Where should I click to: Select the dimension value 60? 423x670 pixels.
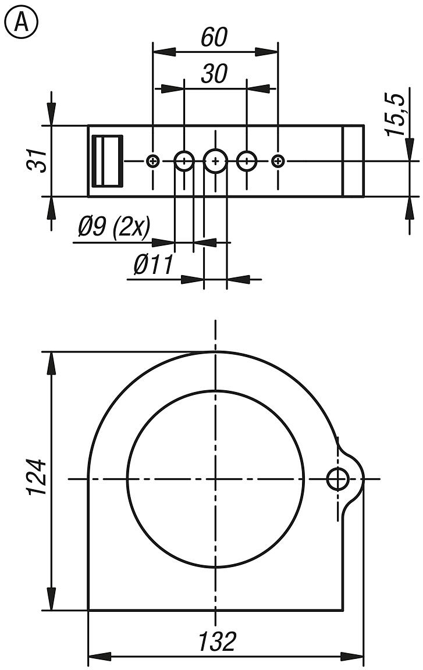coord(214,38)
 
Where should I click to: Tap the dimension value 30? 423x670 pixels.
coord(214,74)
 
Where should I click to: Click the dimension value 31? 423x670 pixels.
coord(37,161)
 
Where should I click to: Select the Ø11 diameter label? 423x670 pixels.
coord(154,265)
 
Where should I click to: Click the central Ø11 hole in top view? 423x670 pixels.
coord(215,161)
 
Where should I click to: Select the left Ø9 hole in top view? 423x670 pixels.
coord(184,161)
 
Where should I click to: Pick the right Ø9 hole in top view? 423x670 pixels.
coord(247,161)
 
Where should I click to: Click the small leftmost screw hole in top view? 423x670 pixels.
coord(154,161)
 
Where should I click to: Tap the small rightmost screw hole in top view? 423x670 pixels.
coord(279,161)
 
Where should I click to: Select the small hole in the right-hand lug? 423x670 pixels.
coord(337,479)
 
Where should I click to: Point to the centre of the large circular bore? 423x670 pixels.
coord(215,479)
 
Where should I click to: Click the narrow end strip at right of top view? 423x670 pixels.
coord(353,161)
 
